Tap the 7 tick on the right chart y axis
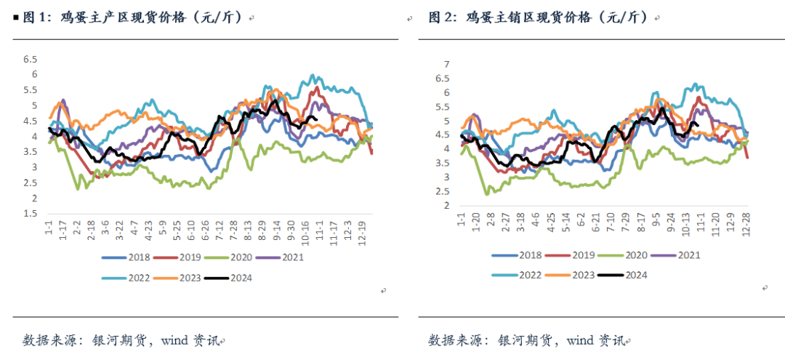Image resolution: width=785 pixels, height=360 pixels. coord(448,63)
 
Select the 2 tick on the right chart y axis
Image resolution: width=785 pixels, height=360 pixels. coord(448,206)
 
